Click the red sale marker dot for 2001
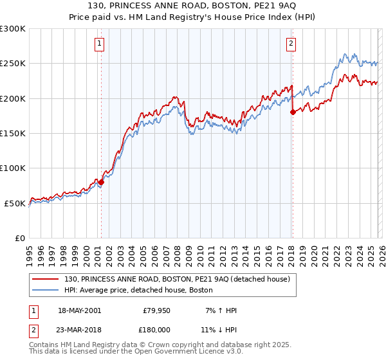click(x=101, y=182)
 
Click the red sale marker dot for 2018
click(x=293, y=112)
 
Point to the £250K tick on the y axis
click(x=13, y=64)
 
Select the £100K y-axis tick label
click(x=13, y=168)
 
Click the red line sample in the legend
click(x=46, y=279)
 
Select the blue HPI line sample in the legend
click(x=46, y=291)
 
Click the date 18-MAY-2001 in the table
click(x=78, y=310)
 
